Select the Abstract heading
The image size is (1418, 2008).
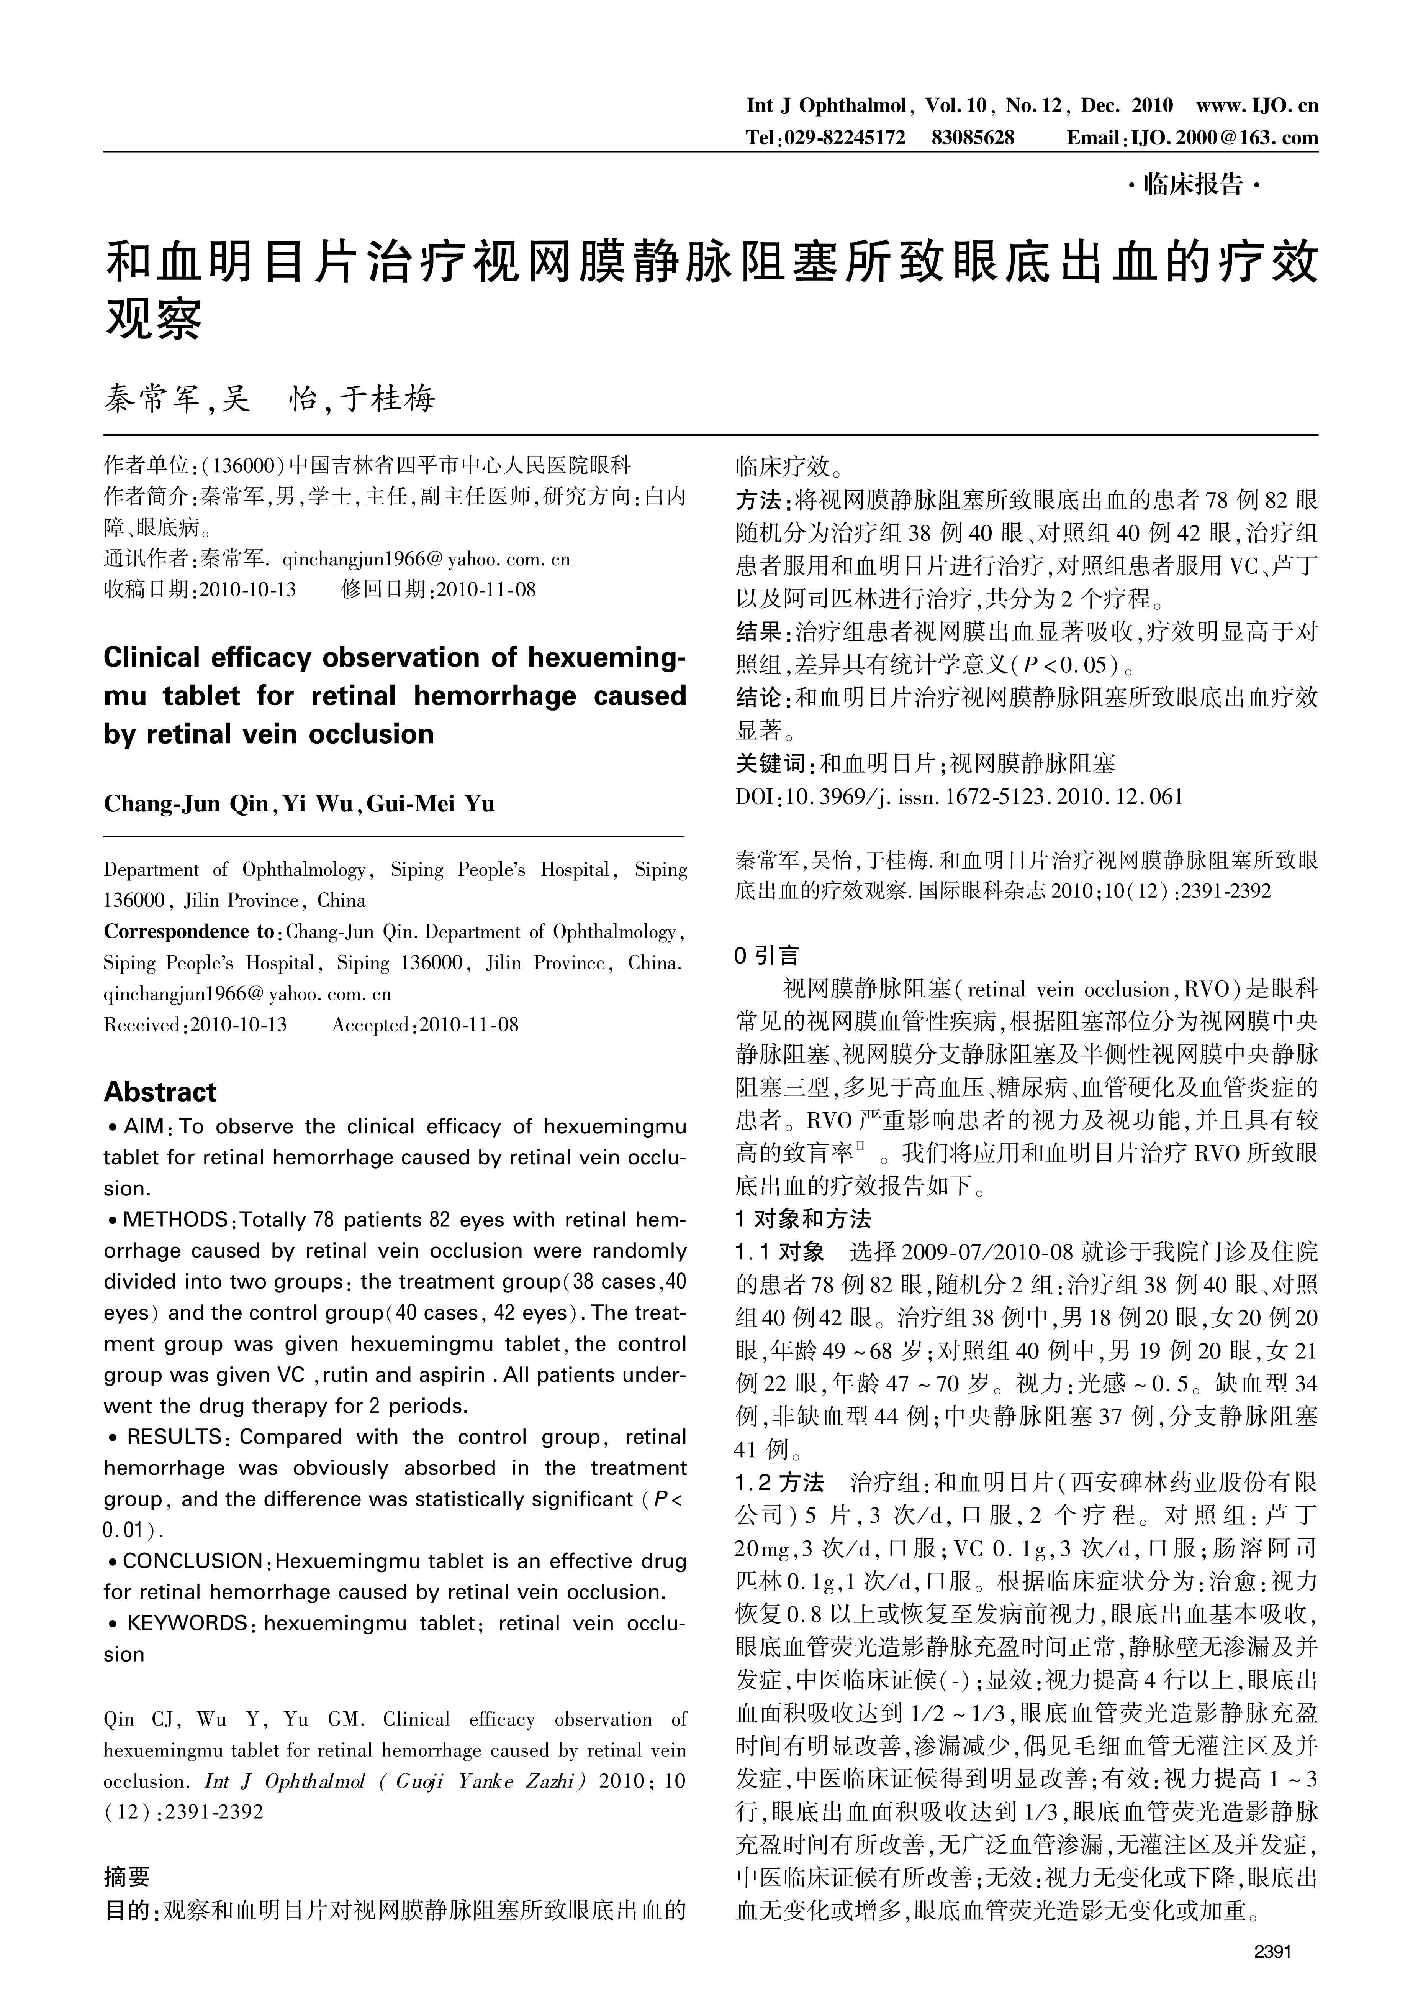point(160,1092)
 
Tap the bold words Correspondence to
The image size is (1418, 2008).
point(188,931)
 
